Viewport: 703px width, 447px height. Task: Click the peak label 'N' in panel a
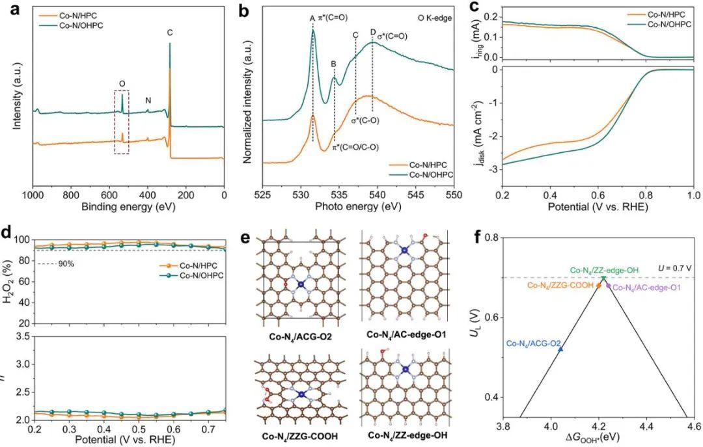(x=148, y=101)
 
